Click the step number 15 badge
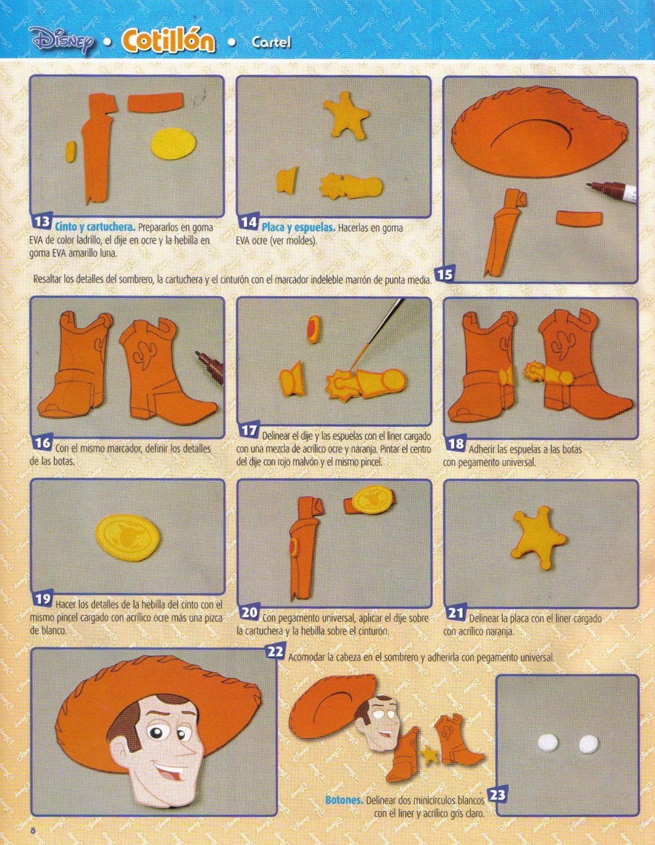445,274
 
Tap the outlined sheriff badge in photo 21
538,537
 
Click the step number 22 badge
275,652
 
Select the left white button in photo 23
550,744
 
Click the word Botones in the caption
343,801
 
